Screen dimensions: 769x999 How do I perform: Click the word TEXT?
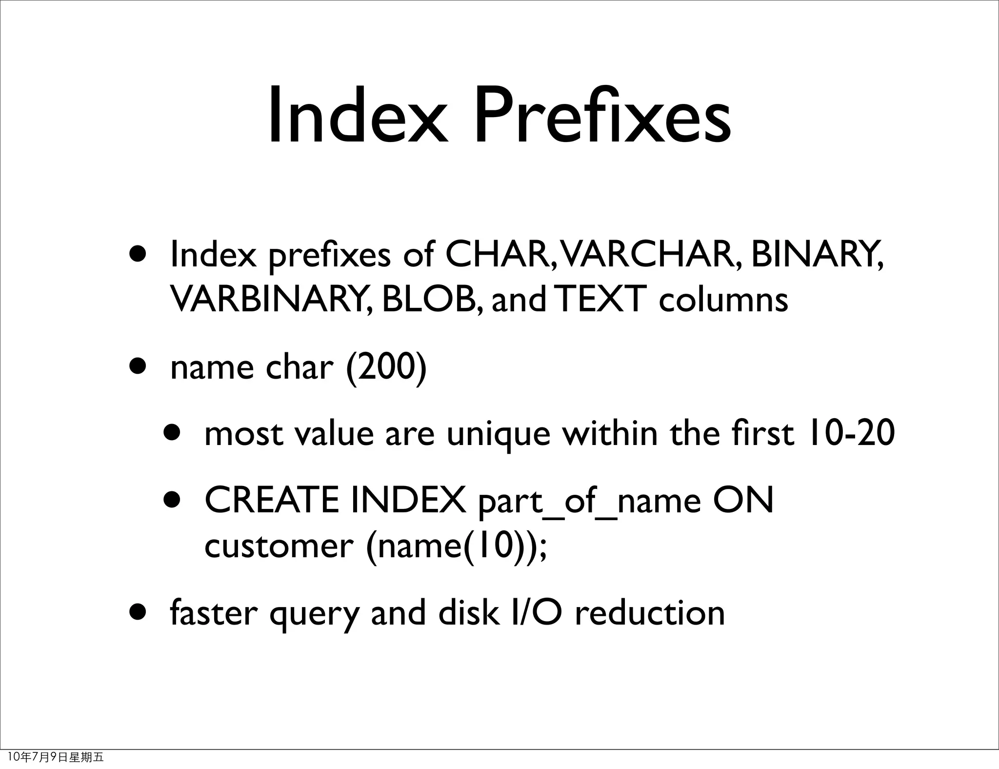601,299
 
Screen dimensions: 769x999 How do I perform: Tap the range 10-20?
851,433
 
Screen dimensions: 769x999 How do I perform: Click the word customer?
279,546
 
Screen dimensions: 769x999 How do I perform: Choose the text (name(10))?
457,546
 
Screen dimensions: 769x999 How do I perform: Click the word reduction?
650,613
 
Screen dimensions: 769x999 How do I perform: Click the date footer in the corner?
56,757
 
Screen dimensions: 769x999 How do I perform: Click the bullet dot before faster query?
138,612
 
